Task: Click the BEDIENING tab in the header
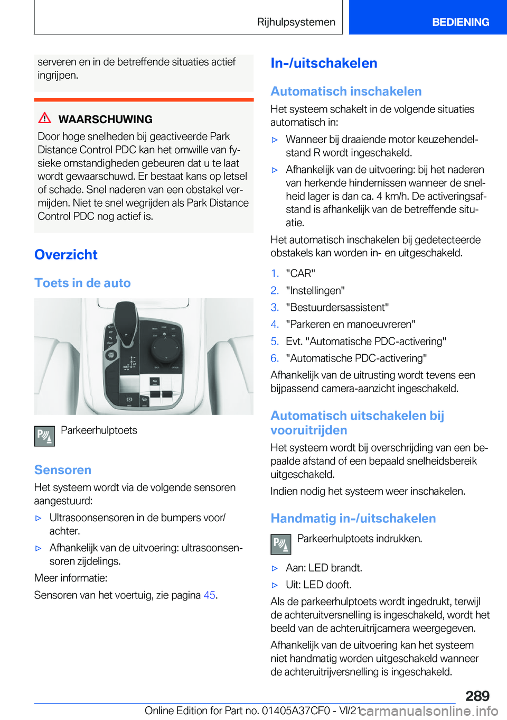(x=460, y=22)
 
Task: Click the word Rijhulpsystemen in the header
(x=296, y=22)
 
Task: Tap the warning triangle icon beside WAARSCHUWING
(x=45, y=118)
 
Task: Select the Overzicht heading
(x=66, y=255)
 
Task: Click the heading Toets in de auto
(x=82, y=283)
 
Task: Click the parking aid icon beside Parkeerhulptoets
(x=44, y=436)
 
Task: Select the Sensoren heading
(x=63, y=470)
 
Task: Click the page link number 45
(x=209, y=595)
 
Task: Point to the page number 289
(x=477, y=696)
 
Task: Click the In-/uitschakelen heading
(x=324, y=63)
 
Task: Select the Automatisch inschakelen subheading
(x=346, y=91)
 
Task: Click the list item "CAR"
(x=301, y=273)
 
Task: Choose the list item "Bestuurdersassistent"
(x=337, y=307)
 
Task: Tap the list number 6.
(x=275, y=358)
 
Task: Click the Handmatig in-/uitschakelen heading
(x=353, y=519)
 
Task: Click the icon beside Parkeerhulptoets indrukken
(x=281, y=544)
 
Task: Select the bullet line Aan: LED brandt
(x=324, y=568)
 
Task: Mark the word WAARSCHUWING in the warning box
(x=105, y=119)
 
